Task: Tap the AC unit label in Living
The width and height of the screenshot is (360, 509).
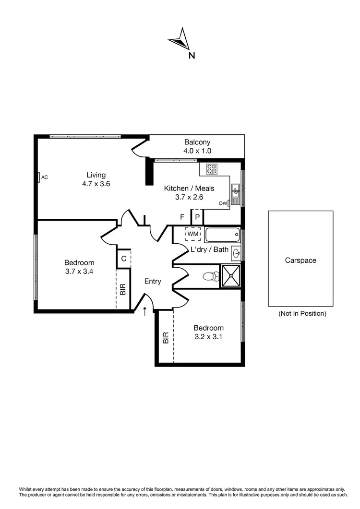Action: point(44,178)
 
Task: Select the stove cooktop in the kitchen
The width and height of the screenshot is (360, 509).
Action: point(212,169)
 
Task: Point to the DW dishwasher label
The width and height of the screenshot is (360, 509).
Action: point(223,203)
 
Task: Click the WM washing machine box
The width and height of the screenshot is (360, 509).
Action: point(193,234)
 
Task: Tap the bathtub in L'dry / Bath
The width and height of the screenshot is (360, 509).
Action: point(222,235)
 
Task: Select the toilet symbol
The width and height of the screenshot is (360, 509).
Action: point(211,277)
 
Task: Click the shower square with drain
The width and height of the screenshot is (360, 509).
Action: point(229,276)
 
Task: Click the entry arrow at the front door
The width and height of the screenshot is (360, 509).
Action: point(145,311)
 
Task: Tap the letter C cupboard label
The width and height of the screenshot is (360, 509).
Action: point(124,259)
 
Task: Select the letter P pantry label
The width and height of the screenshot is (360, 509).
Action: point(197,217)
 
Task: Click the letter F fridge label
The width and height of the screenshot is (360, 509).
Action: point(182,217)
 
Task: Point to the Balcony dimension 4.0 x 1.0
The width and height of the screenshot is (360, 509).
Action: point(197,151)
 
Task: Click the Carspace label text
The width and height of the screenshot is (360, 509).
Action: point(300,260)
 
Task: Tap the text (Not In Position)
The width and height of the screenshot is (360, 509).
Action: point(302,314)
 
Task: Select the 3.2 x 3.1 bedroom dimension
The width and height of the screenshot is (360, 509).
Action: point(209,337)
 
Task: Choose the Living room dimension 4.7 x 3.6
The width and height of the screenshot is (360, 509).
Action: point(96,183)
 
